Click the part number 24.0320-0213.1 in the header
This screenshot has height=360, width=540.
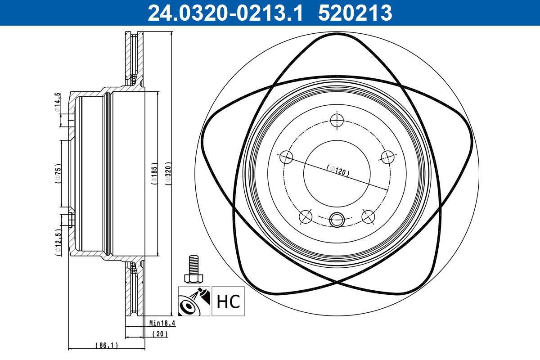click(x=225, y=13)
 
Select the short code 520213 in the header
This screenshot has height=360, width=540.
click(x=355, y=13)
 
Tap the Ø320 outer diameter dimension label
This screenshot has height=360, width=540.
click(x=168, y=174)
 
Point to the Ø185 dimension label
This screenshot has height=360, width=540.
click(x=154, y=174)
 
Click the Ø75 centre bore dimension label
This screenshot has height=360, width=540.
click(x=58, y=174)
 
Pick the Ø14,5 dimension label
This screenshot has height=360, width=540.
click(x=57, y=103)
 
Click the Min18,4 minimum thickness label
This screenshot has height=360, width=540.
click(x=162, y=323)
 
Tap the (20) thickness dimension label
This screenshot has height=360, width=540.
click(x=160, y=334)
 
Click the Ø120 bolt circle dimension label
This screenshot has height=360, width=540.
click(x=338, y=171)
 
